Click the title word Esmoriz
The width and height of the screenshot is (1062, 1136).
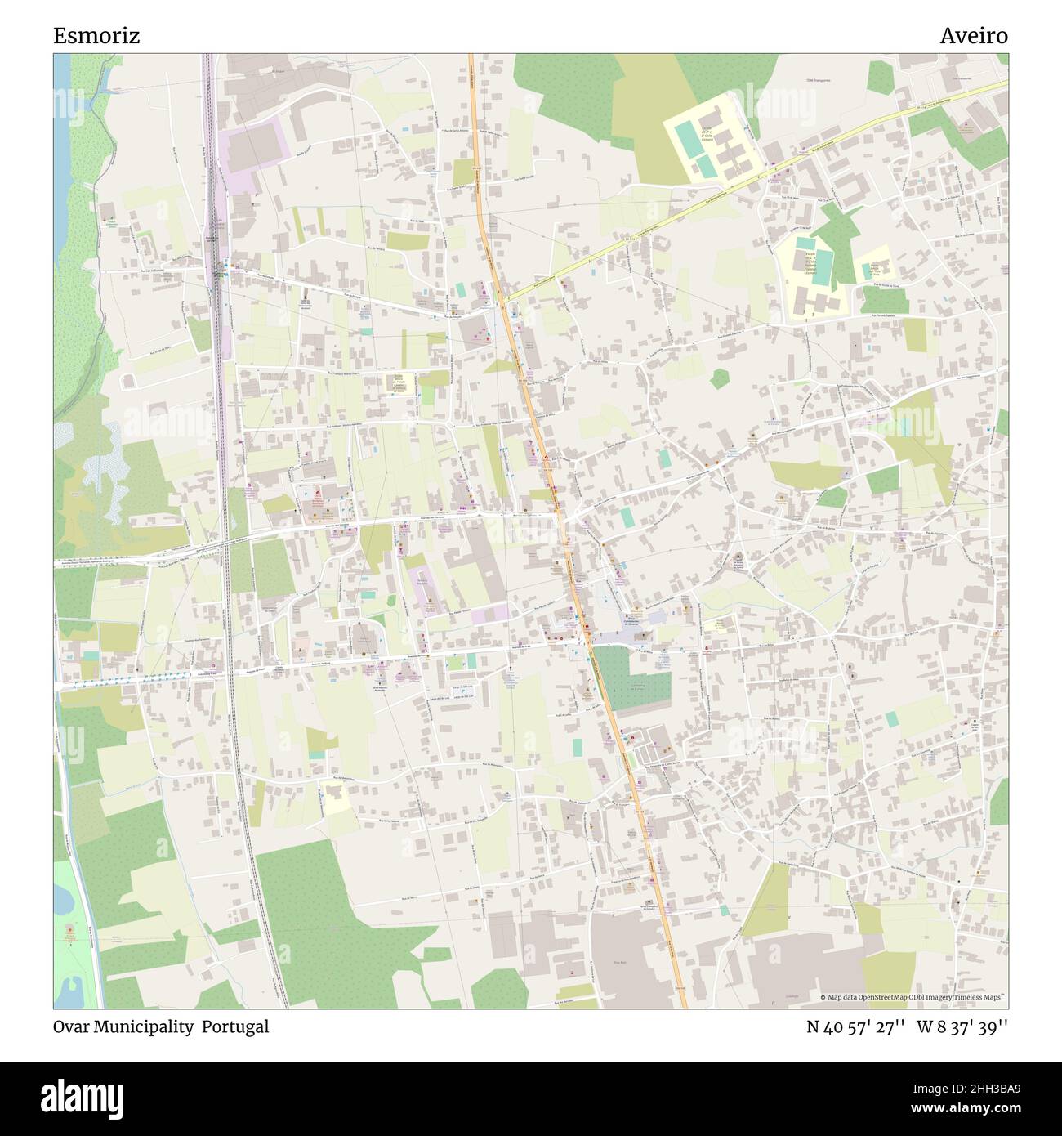tap(96, 36)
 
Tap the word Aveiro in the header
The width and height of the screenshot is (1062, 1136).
tap(973, 36)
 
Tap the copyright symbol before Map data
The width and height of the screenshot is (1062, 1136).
tap(823, 998)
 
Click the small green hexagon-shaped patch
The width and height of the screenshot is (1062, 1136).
tap(720, 378)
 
